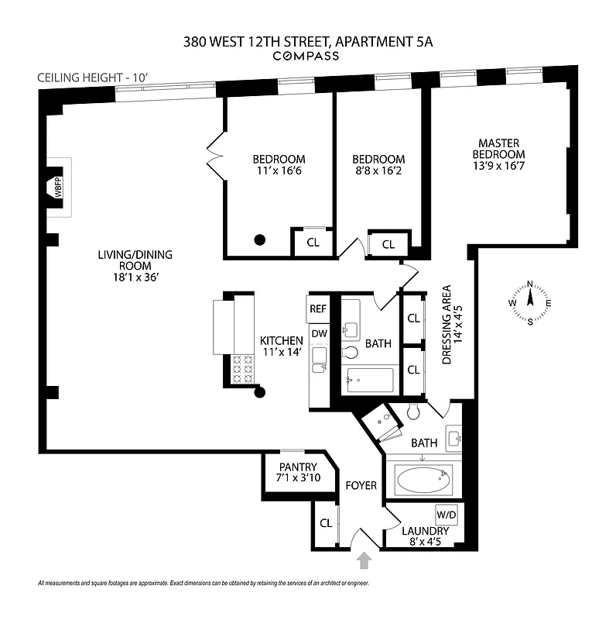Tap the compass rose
click(x=530, y=302)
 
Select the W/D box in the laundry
click(x=447, y=515)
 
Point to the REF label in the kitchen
click(x=318, y=308)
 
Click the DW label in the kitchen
click(x=318, y=333)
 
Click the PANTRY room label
click(x=298, y=467)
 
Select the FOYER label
click(x=361, y=486)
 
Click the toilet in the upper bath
click(x=350, y=353)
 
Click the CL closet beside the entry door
click(x=326, y=523)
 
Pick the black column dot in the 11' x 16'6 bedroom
click(x=261, y=239)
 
